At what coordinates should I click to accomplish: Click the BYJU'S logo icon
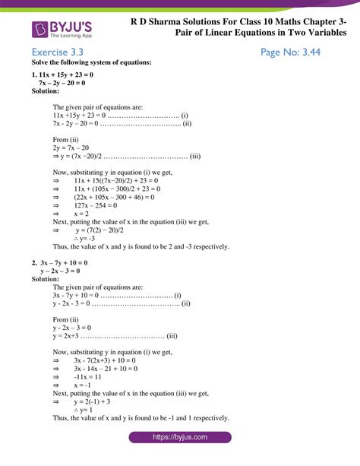point(42,29)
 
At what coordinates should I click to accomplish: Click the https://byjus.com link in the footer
point(180,438)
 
